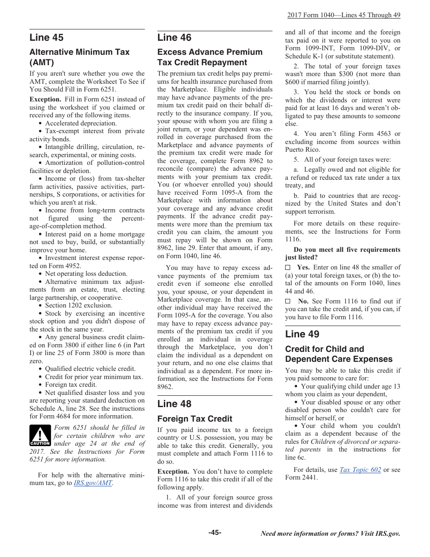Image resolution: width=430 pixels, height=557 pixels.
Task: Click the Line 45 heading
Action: pyautogui.click(x=47, y=38)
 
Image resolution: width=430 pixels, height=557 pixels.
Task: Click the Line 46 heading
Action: pyautogui.click(x=174, y=38)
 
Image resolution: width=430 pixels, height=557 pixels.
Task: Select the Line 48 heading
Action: pyautogui.click(x=174, y=403)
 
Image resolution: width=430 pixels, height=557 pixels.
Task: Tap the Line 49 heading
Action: pyautogui.click(x=302, y=334)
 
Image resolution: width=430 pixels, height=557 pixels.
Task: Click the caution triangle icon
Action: pyautogui.click(x=40, y=436)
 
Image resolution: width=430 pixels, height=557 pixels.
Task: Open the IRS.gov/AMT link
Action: pyautogui.click(x=92, y=483)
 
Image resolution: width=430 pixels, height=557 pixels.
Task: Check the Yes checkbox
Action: pyautogui.click(x=288, y=268)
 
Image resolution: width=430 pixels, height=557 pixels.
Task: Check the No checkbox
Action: pyautogui.click(x=288, y=301)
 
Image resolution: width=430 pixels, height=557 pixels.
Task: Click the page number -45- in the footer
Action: pyautogui.click(x=215, y=533)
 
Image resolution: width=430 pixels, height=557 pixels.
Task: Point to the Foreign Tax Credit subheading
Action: pyautogui.click(x=195, y=419)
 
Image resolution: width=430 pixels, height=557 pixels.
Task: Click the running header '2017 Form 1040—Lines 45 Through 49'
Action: pyautogui.click(x=344, y=15)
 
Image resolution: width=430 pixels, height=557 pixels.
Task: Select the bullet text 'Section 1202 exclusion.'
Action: pyautogui.click(x=78, y=306)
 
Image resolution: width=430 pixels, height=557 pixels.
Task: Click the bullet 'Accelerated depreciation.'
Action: pyautogui.click(x=81, y=123)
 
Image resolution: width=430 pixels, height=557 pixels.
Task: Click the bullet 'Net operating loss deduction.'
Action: pyautogui.click(x=86, y=274)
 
